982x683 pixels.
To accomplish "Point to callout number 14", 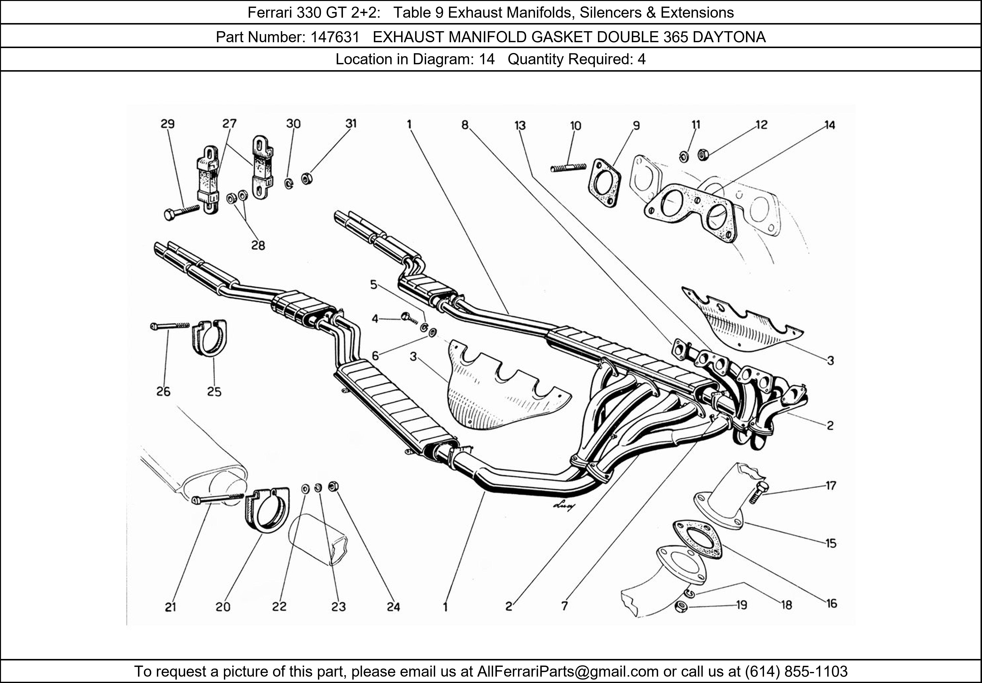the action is pyautogui.click(x=830, y=125).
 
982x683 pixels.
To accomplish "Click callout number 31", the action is pyautogui.click(x=351, y=123).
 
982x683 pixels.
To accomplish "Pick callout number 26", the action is pyautogui.click(x=164, y=392).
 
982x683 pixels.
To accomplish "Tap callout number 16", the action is pyautogui.click(x=831, y=604).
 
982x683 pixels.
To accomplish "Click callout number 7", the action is pyautogui.click(x=565, y=606).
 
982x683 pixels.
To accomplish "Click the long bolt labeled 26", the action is pyautogui.click(x=170, y=326).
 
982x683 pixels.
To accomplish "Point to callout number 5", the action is pyautogui.click(x=373, y=285).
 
